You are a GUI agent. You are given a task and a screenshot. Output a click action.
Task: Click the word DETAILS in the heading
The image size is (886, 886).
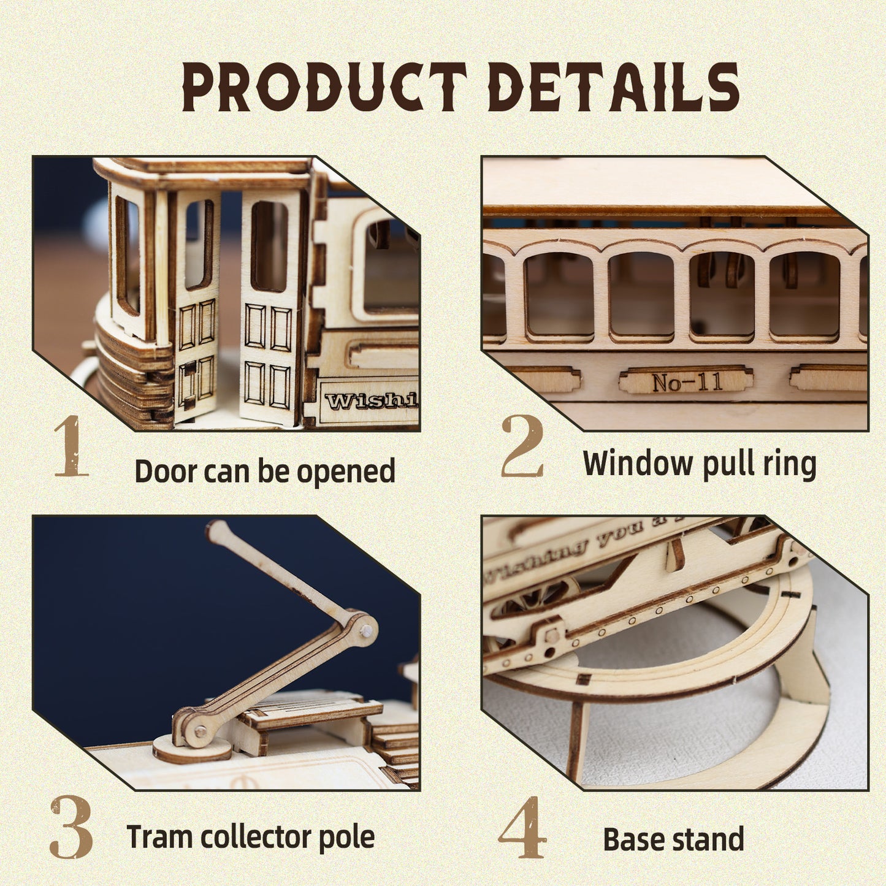(x=613, y=87)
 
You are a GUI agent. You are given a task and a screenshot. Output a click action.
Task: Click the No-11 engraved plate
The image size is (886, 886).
(x=686, y=381)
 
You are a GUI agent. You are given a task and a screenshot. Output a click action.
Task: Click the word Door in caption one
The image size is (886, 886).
(x=166, y=471)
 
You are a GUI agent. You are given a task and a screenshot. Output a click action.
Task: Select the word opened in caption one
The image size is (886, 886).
(x=346, y=472)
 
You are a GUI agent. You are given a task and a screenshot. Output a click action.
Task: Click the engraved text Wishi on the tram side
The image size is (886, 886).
(x=370, y=400)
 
